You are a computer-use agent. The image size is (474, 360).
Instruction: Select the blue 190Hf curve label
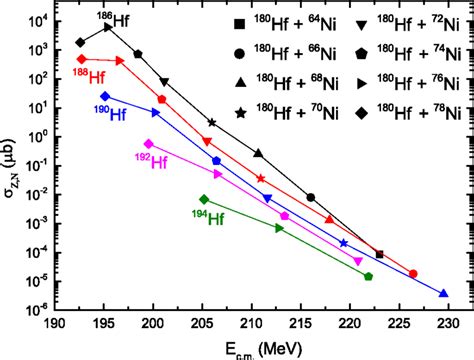110,115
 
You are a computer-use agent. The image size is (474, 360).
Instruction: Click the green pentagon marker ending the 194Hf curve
368,276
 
